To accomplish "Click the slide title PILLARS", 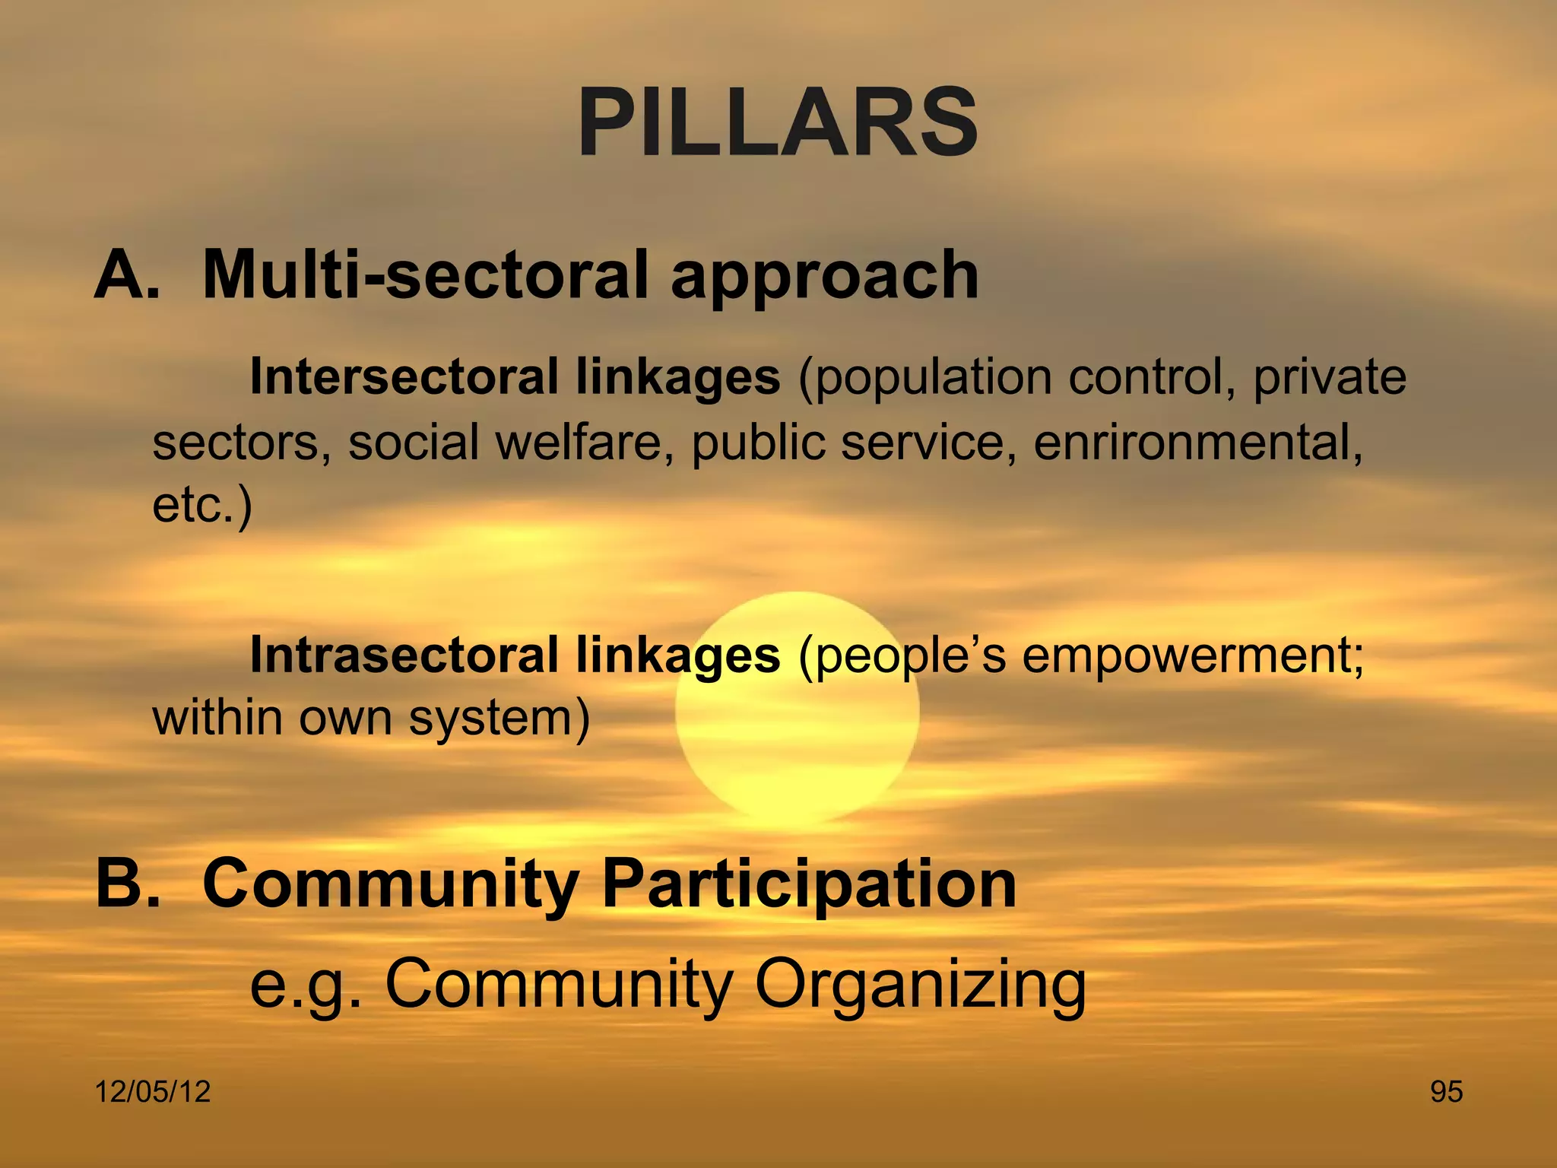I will click(778, 123).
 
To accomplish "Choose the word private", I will click(1329, 378).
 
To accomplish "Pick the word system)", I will click(499, 719).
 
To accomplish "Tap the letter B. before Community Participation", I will click(128, 883).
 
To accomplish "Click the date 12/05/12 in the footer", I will click(153, 1092).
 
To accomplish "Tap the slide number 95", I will click(1446, 1092).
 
